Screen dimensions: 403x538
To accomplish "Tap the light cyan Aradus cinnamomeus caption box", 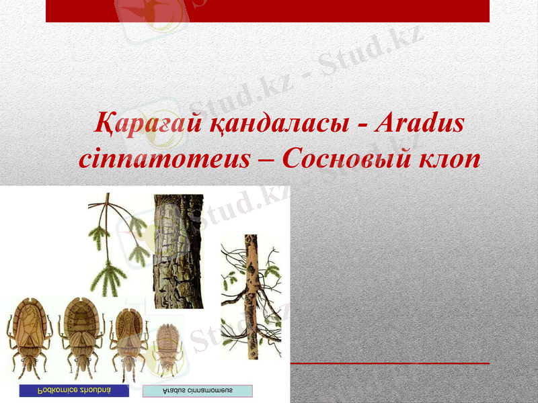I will [198, 391].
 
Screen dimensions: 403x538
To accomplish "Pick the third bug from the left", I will [128, 339].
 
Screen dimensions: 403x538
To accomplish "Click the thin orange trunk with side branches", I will [252, 296].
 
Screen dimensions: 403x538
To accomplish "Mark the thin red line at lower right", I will [390, 363].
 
